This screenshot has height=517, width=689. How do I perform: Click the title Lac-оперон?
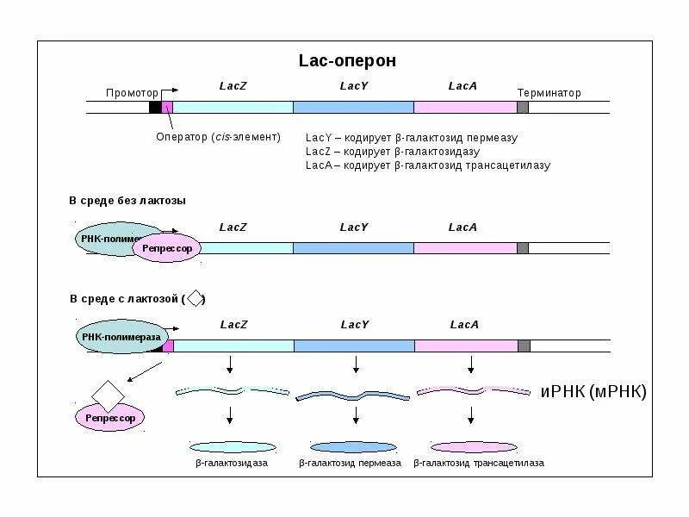(x=347, y=61)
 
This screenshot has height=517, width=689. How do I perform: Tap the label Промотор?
(x=132, y=93)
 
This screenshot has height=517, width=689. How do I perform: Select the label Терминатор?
(x=549, y=93)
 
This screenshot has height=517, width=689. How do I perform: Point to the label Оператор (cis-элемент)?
(x=218, y=138)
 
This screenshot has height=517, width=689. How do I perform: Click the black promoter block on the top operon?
(x=155, y=107)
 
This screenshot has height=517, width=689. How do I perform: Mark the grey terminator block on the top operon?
(x=523, y=107)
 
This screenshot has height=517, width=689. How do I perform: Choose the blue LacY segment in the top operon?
(x=353, y=107)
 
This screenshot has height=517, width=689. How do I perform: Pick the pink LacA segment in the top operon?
(x=465, y=107)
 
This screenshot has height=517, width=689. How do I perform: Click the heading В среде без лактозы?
(x=127, y=201)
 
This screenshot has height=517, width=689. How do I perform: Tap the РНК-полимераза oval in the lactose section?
(x=119, y=337)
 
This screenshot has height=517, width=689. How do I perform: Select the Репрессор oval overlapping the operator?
(x=167, y=248)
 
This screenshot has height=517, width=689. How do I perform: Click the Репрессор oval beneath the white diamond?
(x=110, y=418)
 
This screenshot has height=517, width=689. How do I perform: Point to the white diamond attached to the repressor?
(x=109, y=395)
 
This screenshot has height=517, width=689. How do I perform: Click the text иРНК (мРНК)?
(x=593, y=392)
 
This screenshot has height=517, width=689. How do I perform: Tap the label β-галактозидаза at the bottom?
(x=231, y=464)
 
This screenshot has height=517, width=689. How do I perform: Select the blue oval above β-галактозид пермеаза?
(x=351, y=447)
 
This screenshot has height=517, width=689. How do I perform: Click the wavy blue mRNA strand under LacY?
(x=352, y=395)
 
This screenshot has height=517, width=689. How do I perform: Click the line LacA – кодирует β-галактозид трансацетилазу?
(x=427, y=165)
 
